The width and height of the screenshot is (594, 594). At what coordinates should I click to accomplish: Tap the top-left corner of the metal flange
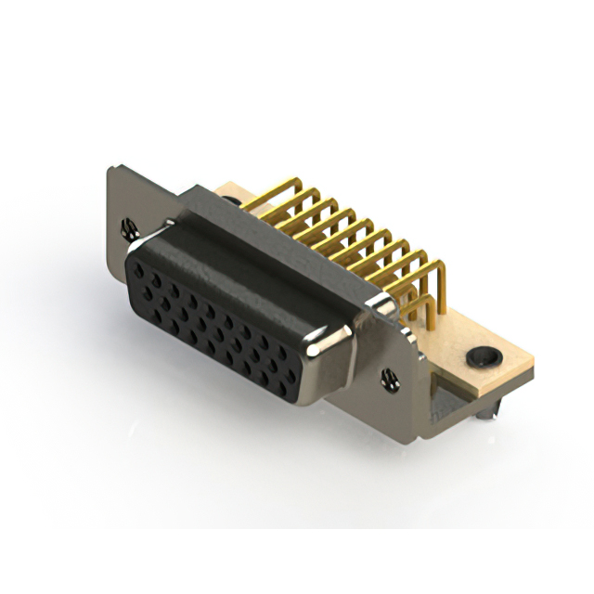(110, 168)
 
